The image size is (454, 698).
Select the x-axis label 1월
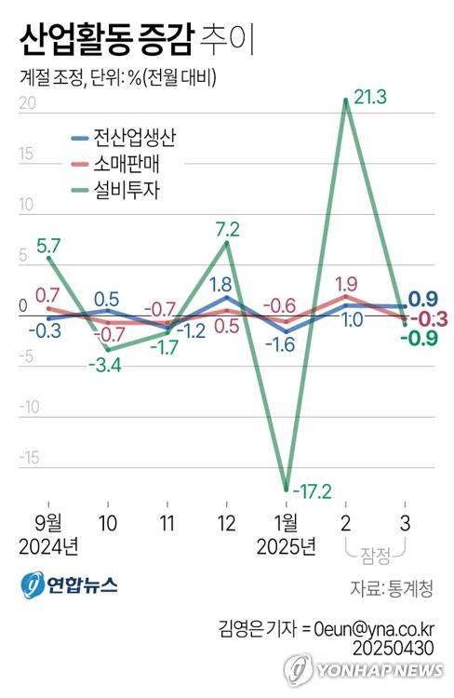point(287,519)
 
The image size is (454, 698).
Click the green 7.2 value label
point(228,227)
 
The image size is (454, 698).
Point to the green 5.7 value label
point(49,246)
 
